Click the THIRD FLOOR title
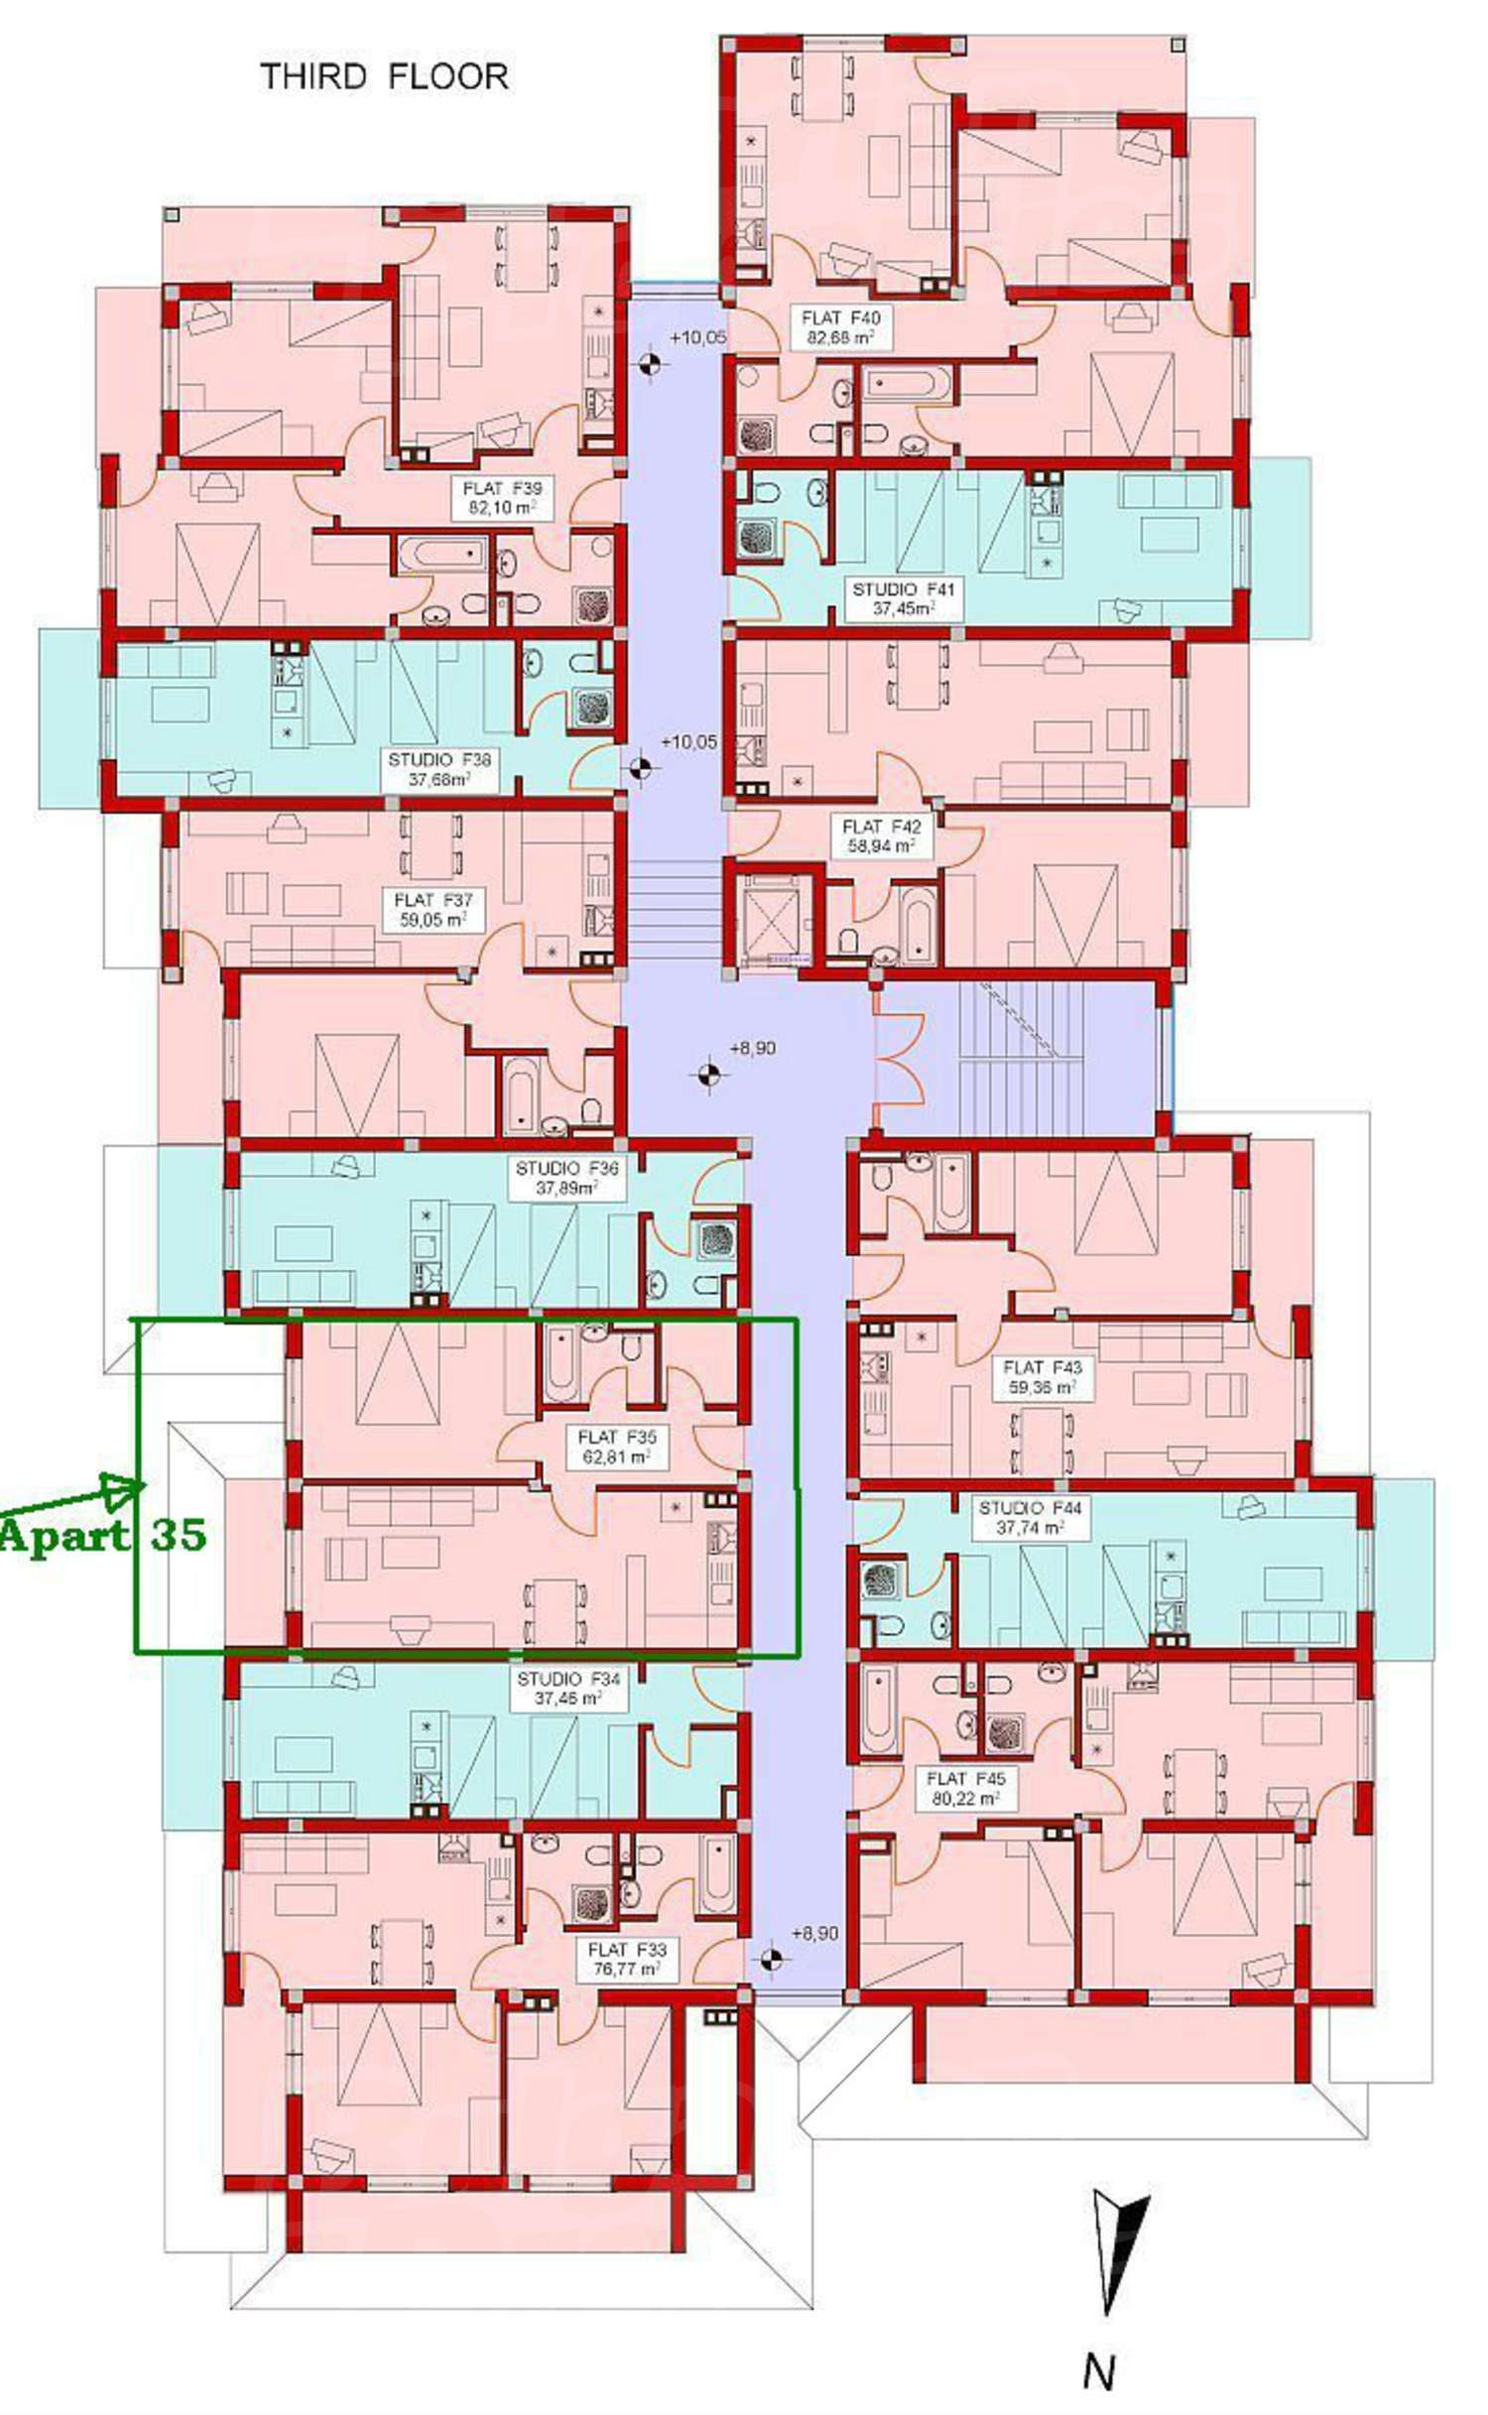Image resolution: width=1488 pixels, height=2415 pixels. (384, 76)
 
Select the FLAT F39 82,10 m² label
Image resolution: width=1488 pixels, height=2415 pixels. (502, 499)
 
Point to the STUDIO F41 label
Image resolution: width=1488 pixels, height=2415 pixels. (903, 589)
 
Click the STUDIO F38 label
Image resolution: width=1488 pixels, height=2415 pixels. (439, 760)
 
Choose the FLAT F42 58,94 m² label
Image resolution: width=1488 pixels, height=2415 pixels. (881, 836)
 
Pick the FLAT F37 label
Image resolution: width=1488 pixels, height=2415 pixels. (433, 900)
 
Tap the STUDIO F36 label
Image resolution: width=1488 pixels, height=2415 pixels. (566, 1169)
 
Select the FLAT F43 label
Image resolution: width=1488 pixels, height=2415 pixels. (1042, 1367)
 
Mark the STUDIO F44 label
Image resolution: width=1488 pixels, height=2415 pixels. (1031, 1508)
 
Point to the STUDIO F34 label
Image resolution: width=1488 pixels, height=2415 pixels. (568, 1679)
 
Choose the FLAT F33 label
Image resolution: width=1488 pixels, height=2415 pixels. (627, 1950)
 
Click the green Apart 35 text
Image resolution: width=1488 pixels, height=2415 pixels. (103, 1535)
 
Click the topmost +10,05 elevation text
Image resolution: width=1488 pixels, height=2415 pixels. (697, 337)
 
